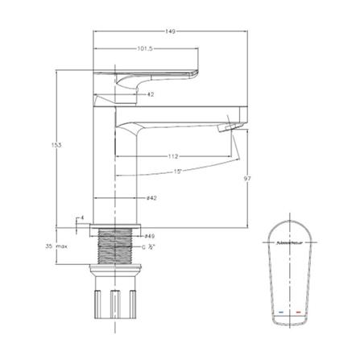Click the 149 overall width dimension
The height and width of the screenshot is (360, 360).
click(x=170, y=31)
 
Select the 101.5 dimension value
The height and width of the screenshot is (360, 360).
click(x=144, y=48)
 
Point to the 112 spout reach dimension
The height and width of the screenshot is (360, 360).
click(x=173, y=156)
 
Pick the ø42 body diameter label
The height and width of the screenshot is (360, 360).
click(x=151, y=197)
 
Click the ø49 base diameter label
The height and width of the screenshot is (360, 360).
click(x=149, y=235)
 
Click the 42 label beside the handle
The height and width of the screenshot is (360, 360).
click(x=151, y=94)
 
